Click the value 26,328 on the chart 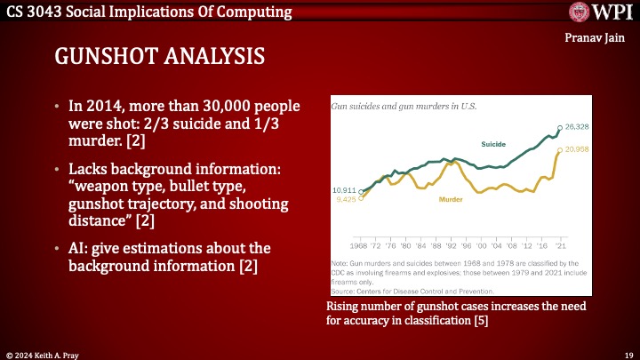tap(578, 127)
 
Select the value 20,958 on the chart tap(578, 148)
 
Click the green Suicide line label tap(493, 144)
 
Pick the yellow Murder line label tap(452, 200)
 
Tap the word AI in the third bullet tap(78, 246)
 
